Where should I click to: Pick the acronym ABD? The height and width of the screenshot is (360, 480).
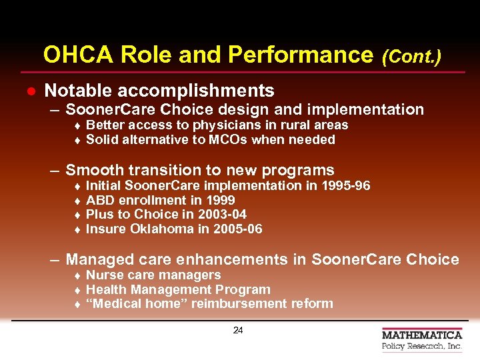[x=100, y=200]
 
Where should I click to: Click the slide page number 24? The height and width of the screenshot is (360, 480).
[x=238, y=330]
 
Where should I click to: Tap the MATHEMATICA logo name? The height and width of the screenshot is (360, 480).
[x=422, y=335]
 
